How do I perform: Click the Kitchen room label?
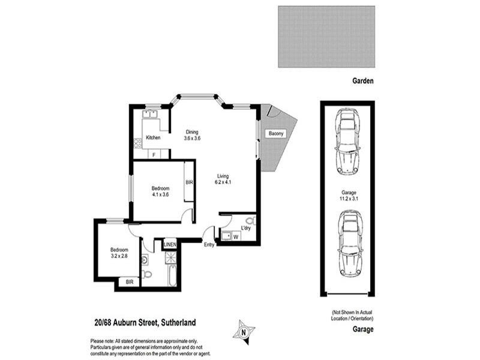(153, 138)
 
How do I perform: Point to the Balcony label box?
(276, 133)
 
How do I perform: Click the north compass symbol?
(244, 331)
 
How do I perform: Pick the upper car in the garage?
(347, 141)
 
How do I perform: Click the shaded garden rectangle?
(326, 37)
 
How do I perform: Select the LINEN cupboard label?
(170, 244)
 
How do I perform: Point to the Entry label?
(209, 244)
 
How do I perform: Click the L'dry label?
(245, 229)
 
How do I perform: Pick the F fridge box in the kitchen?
(154, 155)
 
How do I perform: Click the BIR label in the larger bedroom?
(188, 182)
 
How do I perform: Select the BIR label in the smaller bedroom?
(128, 282)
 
